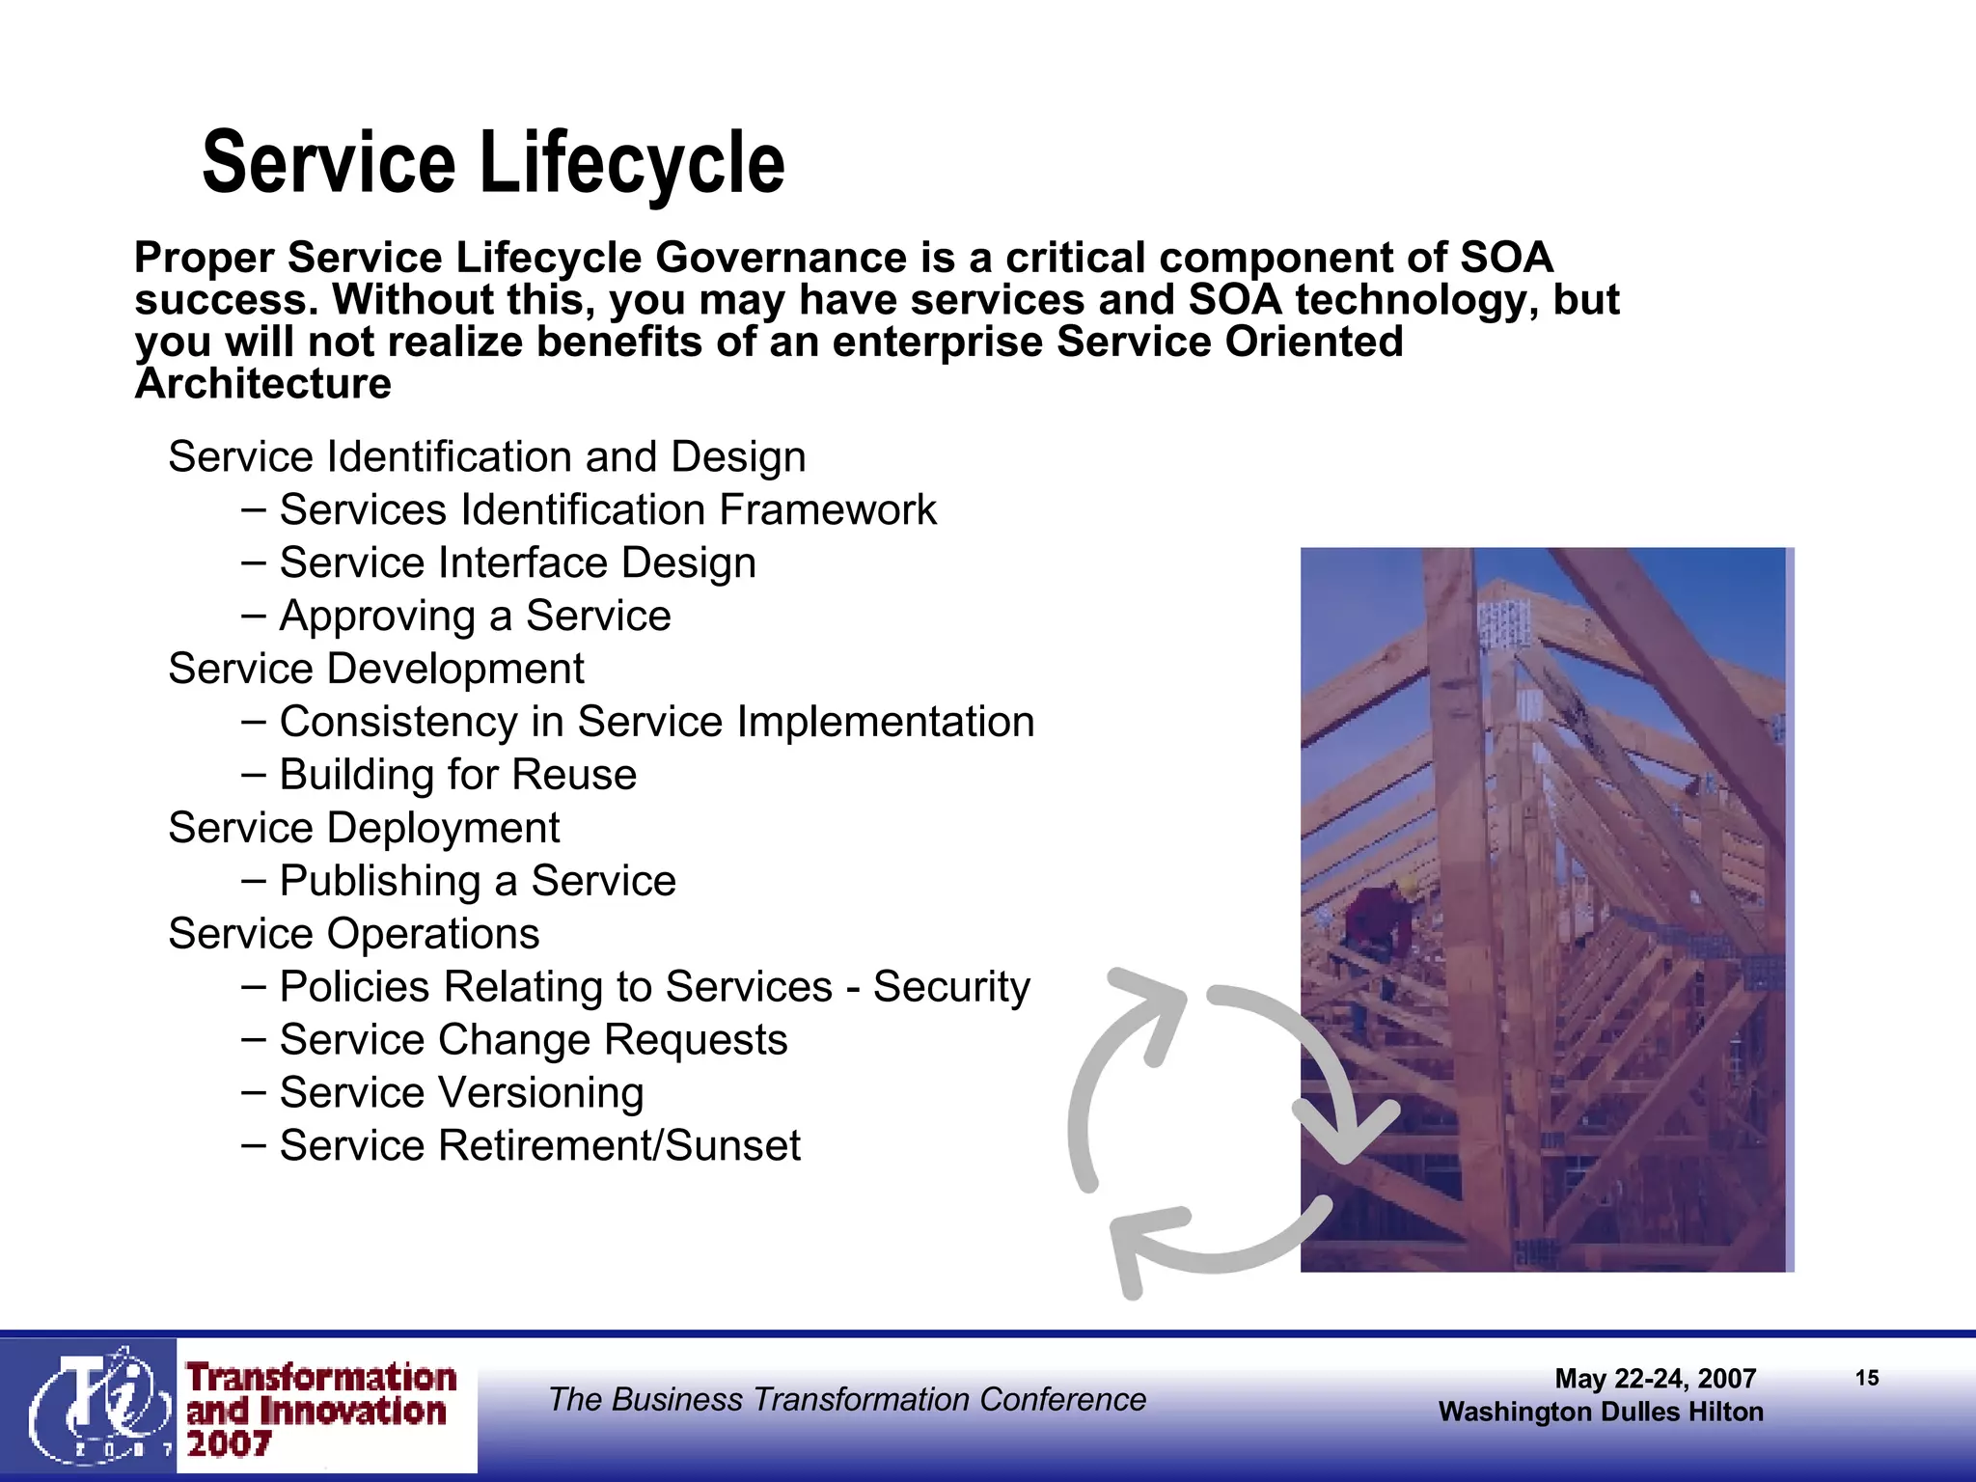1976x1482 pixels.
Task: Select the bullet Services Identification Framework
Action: pos(607,509)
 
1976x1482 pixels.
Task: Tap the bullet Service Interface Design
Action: pos(517,563)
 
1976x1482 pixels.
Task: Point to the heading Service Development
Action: pos(376,669)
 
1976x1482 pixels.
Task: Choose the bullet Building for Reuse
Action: pos(457,775)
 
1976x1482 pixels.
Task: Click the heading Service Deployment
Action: pos(364,828)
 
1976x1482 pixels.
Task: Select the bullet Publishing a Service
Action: pos(478,881)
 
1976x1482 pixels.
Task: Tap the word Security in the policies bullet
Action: pos(951,987)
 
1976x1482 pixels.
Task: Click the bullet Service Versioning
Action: pos(461,1093)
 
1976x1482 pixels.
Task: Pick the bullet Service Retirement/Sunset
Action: pos(539,1146)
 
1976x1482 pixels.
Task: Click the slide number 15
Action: pos(1867,1378)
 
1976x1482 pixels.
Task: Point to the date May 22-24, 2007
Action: pos(1655,1379)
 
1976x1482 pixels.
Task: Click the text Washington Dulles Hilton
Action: pos(1601,1412)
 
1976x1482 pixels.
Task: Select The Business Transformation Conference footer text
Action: pos(847,1399)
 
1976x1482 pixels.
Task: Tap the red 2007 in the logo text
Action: pos(229,1444)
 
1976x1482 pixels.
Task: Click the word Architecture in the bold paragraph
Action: pos(263,384)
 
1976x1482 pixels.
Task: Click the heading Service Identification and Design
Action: pos(487,456)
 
